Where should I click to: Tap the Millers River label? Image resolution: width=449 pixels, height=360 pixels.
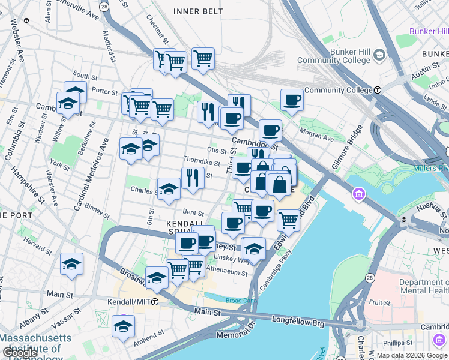tap(430, 168)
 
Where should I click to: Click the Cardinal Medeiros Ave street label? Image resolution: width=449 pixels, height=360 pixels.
tap(91, 174)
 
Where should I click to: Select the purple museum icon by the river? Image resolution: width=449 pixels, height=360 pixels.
tap(359, 194)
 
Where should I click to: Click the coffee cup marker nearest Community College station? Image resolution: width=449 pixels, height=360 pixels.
tap(292, 100)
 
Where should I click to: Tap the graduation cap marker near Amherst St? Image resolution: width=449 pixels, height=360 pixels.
tap(123, 326)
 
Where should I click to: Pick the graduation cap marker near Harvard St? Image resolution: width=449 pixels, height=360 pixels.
tap(71, 264)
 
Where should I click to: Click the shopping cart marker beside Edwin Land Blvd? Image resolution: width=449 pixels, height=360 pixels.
tap(288, 220)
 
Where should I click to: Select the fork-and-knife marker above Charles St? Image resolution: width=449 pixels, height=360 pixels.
tap(193, 177)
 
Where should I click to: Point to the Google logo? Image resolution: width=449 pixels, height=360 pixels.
tap(20, 353)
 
